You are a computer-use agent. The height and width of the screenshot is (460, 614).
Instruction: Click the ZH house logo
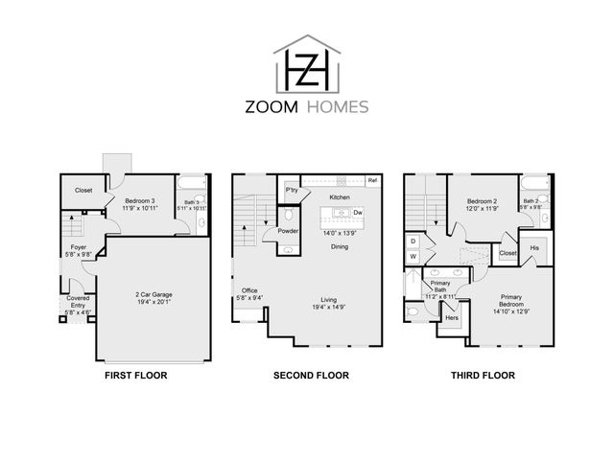[306, 66]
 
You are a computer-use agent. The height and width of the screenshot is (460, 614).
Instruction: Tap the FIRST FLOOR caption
[135, 376]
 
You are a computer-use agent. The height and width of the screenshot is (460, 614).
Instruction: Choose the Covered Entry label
[78, 305]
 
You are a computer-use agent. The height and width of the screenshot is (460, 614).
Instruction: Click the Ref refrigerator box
[372, 181]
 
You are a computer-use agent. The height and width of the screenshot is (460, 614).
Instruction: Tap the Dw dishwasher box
[357, 212]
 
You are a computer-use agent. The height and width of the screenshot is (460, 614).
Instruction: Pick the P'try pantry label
[290, 192]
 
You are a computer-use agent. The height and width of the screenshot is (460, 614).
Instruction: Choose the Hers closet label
[451, 317]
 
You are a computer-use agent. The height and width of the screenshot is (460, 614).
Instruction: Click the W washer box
[413, 257]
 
